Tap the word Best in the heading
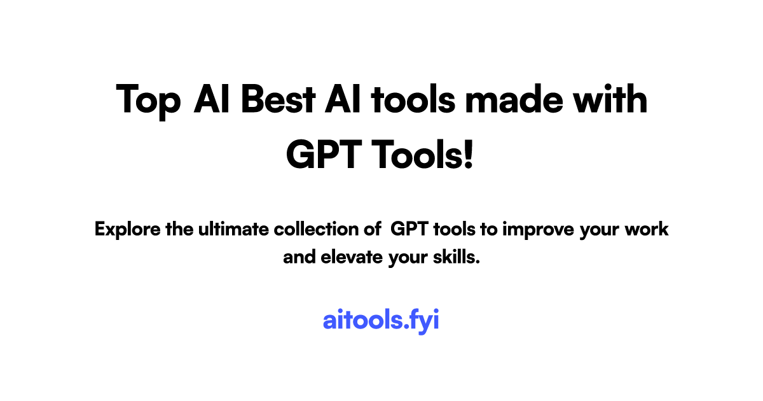(278, 99)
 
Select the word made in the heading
(514, 99)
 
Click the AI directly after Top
(211, 99)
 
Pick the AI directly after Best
(342, 99)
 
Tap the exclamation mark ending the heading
(469, 154)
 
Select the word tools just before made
(413, 99)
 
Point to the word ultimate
(234, 229)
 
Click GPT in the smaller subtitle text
(409, 229)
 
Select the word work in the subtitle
(647, 229)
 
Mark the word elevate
(352, 257)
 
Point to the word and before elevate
(299, 257)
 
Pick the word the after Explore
(179, 229)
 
